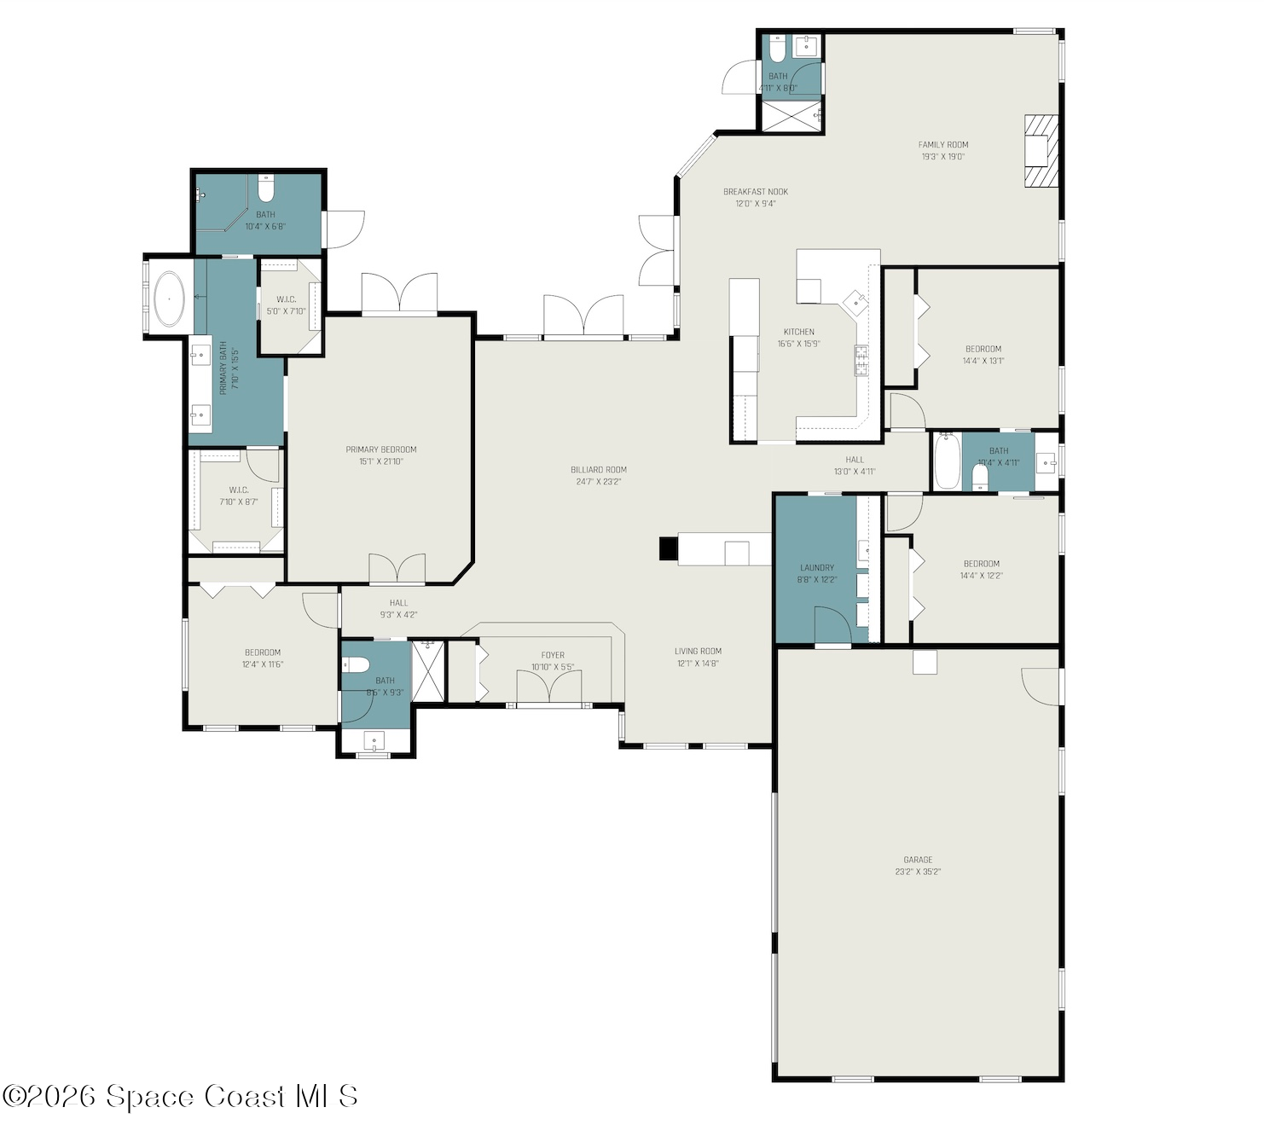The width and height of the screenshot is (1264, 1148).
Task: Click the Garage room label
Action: pyautogui.click(x=918, y=860)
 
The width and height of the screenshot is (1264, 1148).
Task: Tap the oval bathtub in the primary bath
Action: pyautogui.click(x=170, y=299)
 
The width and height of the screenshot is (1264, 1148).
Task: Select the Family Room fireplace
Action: pyautogui.click(x=1041, y=151)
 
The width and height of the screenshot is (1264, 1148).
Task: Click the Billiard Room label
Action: pyautogui.click(x=599, y=469)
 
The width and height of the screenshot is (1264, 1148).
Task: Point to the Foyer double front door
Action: pyautogui.click(x=549, y=687)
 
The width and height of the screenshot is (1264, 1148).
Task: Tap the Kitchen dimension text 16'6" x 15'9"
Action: pyautogui.click(x=798, y=344)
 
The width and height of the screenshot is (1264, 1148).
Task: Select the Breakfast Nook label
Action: pyautogui.click(x=756, y=192)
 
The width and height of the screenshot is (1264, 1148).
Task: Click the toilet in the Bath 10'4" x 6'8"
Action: pyautogui.click(x=266, y=187)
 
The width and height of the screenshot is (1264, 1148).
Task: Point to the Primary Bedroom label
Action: pyautogui.click(x=381, y=449)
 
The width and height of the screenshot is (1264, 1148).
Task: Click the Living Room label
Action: pyautogui.click(x=698, y=651)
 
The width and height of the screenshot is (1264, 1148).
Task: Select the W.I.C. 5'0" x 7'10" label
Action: pyautogui.click(x=286, y=299)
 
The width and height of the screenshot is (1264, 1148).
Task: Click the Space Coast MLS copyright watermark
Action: pyautogui.click(x=180, y=1096)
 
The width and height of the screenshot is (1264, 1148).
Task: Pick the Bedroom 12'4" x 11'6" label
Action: pyautogui.click(x=263, y=652)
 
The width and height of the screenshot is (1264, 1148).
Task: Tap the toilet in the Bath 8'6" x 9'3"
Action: pyautogui.click(x=357, y=665)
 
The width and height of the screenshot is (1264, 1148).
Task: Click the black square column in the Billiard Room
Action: pyautogui.click(x=668, y=548)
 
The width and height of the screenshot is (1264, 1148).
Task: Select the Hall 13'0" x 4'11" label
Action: pyautogui.click(x=855, y=460)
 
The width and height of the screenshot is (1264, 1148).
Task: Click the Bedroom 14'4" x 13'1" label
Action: pyautogui.click(x=983, y=349)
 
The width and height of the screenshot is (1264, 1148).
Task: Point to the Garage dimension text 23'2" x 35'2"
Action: pyautogui.click(x=918, y=872)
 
